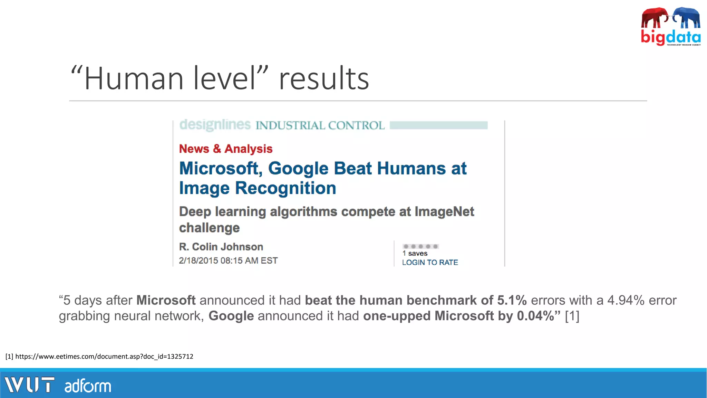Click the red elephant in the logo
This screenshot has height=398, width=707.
coord(653,18)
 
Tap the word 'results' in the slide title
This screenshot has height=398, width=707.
coord(324,79)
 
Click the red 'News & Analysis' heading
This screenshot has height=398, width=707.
coord(226,149)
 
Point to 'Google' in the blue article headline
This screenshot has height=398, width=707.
coord(298,169)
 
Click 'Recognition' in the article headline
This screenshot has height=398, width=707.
coord(285,188)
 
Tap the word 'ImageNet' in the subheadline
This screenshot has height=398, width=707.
coord(444,211)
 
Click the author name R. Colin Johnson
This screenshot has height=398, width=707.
coord(221,247)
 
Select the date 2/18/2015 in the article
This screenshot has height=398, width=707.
coord(198,260)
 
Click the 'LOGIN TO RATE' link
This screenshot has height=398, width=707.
coord(430,263)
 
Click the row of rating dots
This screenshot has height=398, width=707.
coord(420,246)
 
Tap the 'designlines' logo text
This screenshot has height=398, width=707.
coord(215,125)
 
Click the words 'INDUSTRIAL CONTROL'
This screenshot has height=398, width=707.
coord(320,125)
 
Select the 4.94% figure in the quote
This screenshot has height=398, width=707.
coord(626,301)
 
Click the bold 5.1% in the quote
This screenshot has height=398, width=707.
coord(512,301)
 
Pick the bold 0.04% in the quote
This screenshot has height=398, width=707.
coord(535,316)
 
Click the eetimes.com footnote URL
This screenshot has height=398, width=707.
coord(104,357)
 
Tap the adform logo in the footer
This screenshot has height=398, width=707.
coord(88,386)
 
